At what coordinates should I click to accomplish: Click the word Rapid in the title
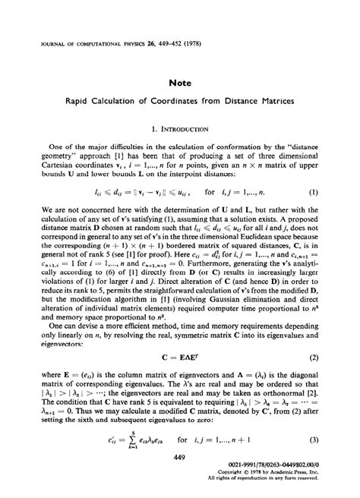89,98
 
